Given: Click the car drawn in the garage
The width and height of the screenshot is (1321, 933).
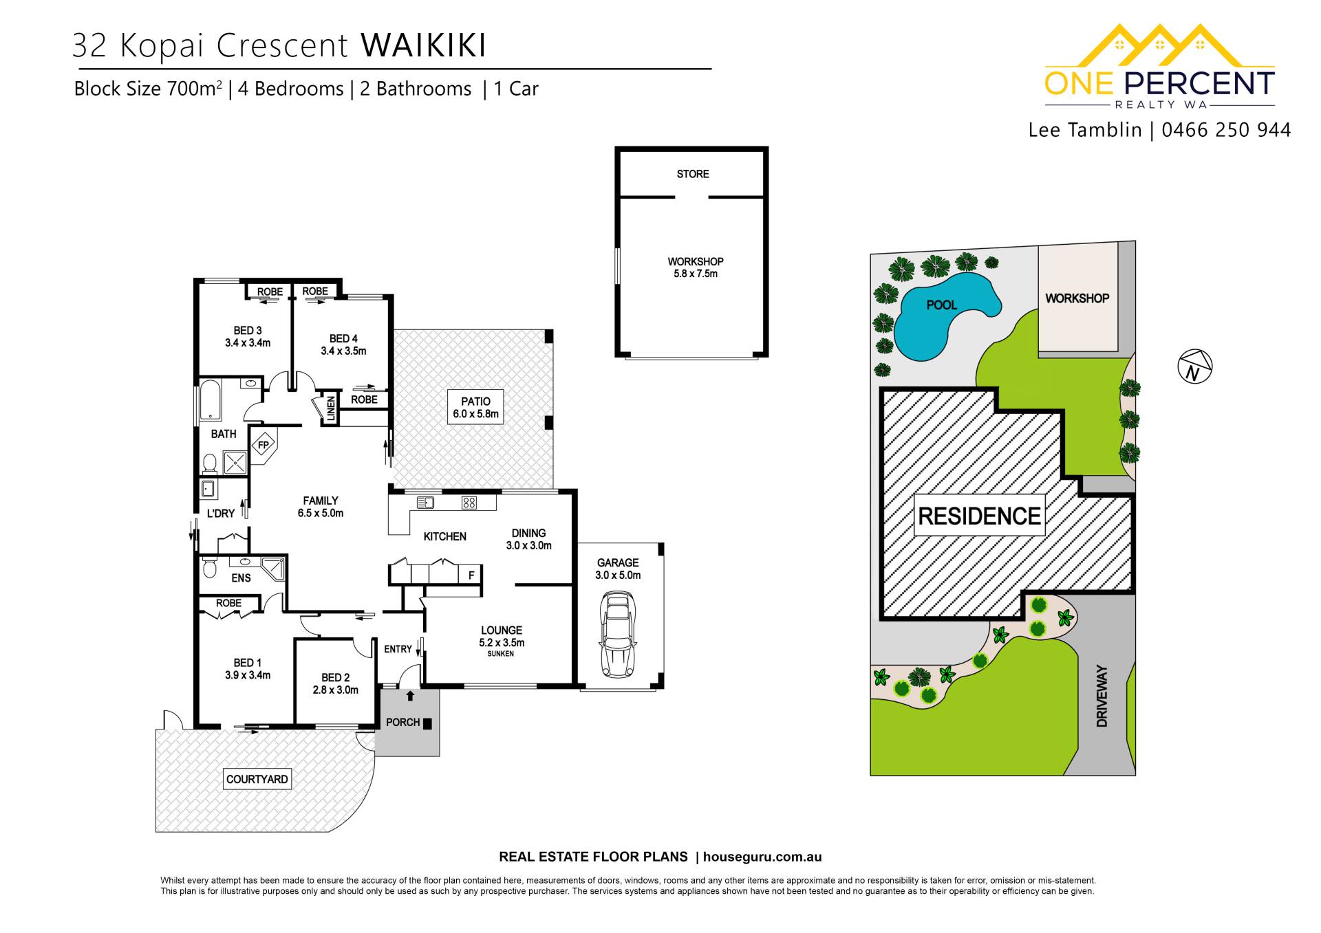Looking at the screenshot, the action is (618, 634).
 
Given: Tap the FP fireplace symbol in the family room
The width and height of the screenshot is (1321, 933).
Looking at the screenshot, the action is (263, 446).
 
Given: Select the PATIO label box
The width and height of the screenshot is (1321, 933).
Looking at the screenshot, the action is (475, 407).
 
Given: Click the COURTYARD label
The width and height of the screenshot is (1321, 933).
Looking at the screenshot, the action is (257, 779).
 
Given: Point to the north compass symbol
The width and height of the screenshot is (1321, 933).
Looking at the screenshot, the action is (1195, 366).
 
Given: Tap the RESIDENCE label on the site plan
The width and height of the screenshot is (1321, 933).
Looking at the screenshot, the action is (980, 516).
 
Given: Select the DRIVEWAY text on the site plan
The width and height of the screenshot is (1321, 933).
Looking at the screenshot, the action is (1102, 696).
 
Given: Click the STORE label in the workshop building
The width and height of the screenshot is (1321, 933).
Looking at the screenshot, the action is (693, 174).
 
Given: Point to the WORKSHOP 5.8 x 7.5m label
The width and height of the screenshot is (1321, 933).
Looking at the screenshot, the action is (696, 267).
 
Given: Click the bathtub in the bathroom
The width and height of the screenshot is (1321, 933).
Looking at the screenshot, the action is (211, 402).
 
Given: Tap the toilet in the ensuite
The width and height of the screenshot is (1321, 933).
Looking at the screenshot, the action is (209, 569).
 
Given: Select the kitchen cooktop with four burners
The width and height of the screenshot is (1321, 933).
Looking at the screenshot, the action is (469, 503).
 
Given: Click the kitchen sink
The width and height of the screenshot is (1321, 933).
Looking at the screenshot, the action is (425, 503).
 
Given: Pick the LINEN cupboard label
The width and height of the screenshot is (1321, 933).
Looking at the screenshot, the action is (331, 408).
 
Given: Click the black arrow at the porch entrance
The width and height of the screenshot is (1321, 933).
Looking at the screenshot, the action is (410, 696).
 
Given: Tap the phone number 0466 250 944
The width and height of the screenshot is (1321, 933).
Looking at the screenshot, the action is (1226, 130).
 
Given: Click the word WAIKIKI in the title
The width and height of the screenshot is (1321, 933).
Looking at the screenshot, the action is (423, 45).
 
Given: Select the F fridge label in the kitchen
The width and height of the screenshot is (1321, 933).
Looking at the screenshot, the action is (471, 575).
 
